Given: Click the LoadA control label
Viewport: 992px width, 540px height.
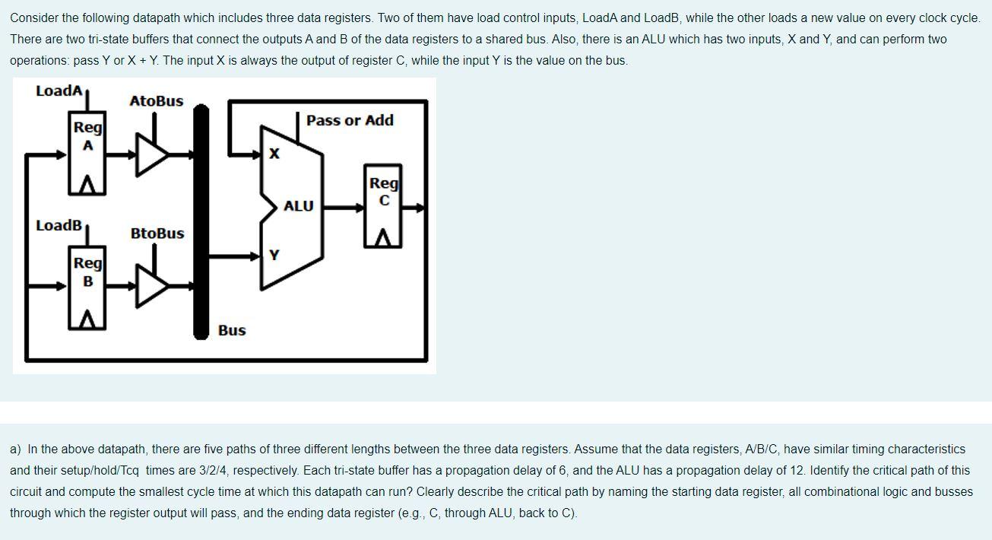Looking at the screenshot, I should (59, 91).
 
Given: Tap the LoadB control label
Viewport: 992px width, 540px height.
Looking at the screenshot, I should (59, 225).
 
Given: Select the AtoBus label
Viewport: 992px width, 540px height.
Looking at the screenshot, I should (156, 101).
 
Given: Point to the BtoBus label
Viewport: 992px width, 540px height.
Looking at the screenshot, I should (157, 233).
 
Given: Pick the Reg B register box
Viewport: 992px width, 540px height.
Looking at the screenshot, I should (88, 290).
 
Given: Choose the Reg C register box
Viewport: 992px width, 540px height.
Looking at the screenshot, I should (384, 205).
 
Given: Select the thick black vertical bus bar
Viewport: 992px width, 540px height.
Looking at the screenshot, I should (201, 221).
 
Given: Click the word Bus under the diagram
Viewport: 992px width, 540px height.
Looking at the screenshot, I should (232, 330).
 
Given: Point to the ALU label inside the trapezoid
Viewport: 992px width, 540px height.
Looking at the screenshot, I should (298, 206).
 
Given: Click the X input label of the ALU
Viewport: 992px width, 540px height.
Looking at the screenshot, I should (274, 154).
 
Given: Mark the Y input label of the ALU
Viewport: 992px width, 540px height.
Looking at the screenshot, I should (274, 256).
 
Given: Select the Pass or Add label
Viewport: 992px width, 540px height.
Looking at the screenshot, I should (350, 120).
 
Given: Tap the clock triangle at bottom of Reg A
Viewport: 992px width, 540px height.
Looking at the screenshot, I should (88, 185).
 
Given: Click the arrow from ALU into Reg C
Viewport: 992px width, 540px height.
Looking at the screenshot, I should (350, 206).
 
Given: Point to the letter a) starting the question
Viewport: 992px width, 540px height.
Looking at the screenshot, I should (15, 449).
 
